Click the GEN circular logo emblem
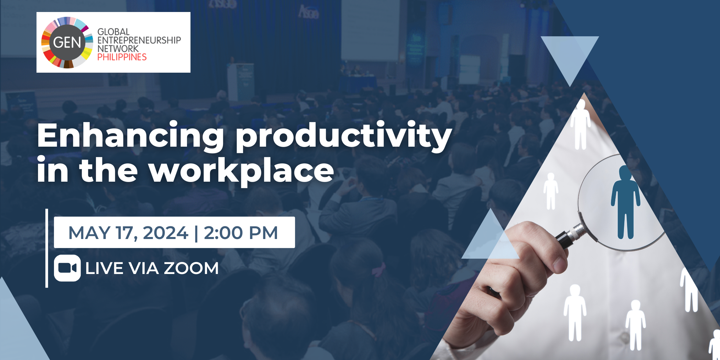click(x=67, y=42)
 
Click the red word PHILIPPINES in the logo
click(x=122, y=57)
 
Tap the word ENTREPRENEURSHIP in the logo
click(x=139, y=40)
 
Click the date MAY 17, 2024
click(x=128, y=233)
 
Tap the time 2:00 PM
click(x=241, y=233)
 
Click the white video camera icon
click(x=67, y=268)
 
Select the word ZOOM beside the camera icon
click(x=191, y=268)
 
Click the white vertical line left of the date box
click(x=47, y=248)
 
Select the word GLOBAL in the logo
click(x=113, y=32)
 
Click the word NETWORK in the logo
click(x=118, y=49)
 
